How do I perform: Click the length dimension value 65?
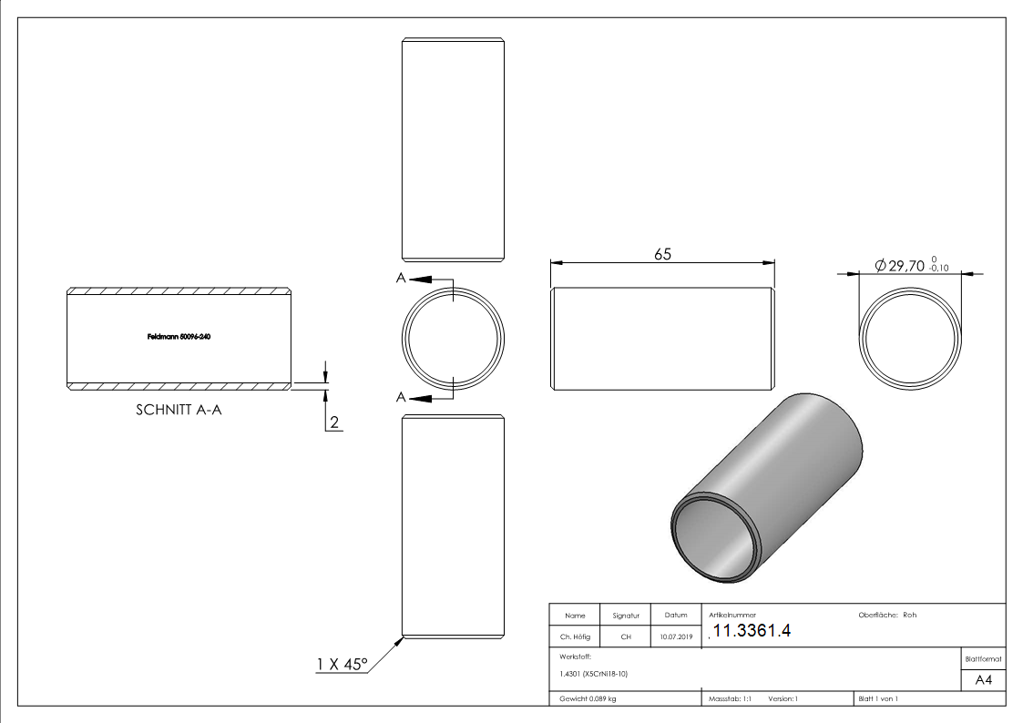point(662,254)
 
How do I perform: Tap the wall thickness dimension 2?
point(334,422)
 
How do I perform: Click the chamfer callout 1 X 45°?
point(342,665)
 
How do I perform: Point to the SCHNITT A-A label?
point(179,410)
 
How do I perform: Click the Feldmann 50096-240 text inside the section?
point(179,337)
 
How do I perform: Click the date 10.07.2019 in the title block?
point(675,637)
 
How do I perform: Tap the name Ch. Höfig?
point(575,637)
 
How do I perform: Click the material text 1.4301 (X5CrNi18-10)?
point(594,674)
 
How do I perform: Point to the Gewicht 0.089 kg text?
point(588,698)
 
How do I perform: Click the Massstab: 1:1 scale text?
point(730,698)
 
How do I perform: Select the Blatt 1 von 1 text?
point(878,698)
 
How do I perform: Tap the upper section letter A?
point(401,280)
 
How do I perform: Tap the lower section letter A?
point(401,396)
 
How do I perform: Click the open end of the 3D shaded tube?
point(715,541)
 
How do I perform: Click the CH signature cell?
point(626,637)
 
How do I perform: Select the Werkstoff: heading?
point(577,656)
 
